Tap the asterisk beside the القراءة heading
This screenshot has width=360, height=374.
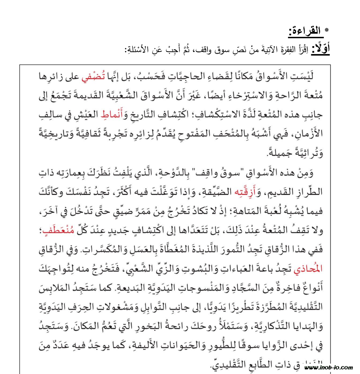coord(327,30)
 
